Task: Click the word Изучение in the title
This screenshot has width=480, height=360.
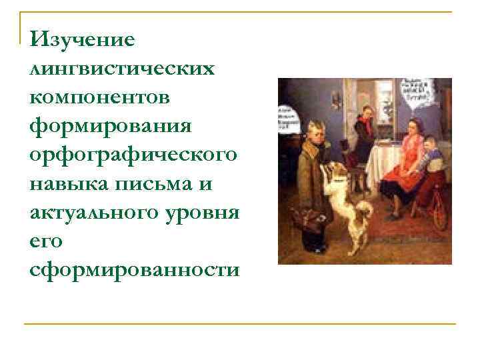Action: tap(82, 40)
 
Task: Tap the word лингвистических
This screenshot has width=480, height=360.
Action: tap(123, 69)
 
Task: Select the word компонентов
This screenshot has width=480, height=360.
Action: tap(100, 97)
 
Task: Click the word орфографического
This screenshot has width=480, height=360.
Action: tap(133, 155)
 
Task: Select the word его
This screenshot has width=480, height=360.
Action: tap(46, 241)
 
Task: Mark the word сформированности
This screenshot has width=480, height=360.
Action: tap(133, 269)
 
